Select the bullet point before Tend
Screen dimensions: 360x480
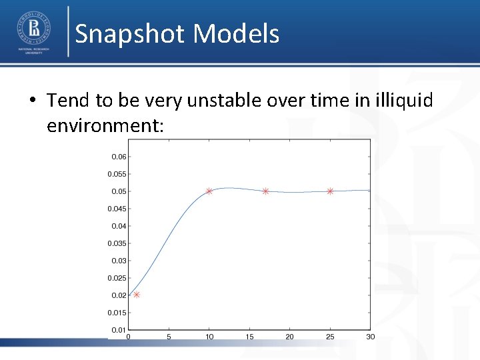tap(33, 101)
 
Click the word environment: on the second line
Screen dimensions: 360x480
tap(105, 125)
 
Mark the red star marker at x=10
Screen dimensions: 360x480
tap(209, 191)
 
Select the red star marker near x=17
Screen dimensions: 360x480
tap(265, 191)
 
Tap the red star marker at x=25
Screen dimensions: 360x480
tap(330, 191)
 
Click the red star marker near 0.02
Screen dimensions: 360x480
tap(137, 294)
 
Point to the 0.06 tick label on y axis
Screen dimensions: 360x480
tap(118, 157)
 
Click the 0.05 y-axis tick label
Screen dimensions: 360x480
tap(118, 191)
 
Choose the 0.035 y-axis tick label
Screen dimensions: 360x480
tap(117, 243)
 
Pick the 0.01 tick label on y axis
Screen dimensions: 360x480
tap(118, 330)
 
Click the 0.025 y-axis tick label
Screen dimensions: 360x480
tap(117, 278)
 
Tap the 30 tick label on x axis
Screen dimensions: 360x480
tap(370, 337)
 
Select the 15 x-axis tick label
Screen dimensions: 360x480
tap(249, 337)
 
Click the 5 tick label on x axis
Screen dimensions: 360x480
tap(169, 337)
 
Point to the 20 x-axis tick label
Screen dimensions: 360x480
tap(289, 337)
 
